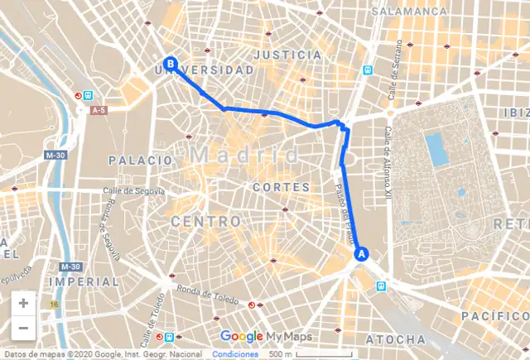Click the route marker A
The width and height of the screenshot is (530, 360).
pyautogui.click(x=360, y=254)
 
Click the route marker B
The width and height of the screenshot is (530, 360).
pyautogui.click(x=171, y=63)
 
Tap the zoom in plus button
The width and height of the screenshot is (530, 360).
pyautogui.click(x=23, y=303)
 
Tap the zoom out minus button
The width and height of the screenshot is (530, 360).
pyautogui.click(x=23, y=328)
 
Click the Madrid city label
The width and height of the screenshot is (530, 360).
pyautogui.click(x=245, y=155)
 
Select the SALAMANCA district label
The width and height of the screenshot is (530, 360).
pyautogui.click(x=409, y=12)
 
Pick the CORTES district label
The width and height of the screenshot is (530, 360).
pyautogui.click(x=282, y=188)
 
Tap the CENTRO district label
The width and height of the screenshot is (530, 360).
pyautogui.click(x=206, y=222)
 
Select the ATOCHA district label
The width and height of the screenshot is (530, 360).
pyautogui.click(x=397, y=340)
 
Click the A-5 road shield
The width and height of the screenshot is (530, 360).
pyautogui.click(x=99, y=109)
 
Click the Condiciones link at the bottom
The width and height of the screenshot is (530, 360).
pyautogui.click(x=235, y=354)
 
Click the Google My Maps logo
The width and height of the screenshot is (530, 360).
pyautogui.click(x=265, y=336)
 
